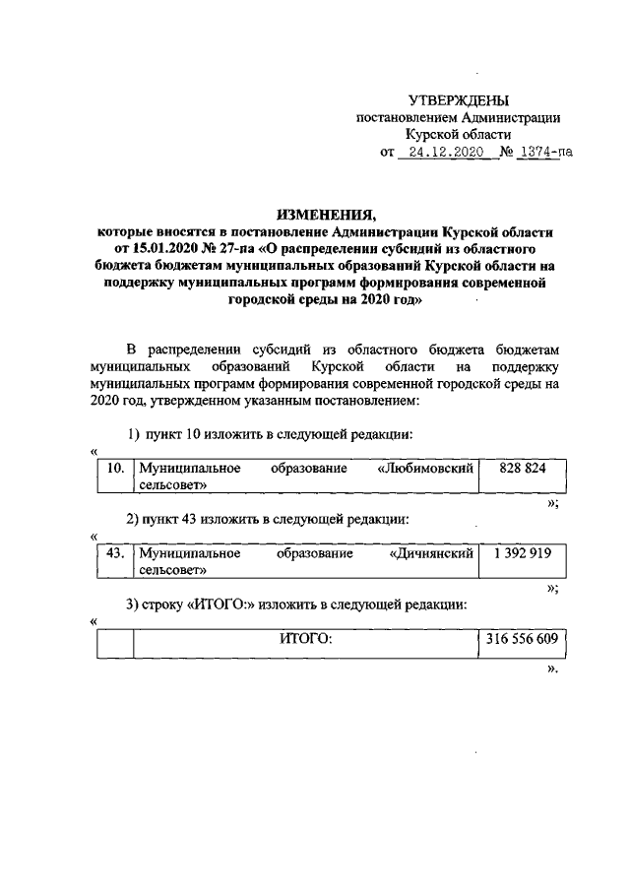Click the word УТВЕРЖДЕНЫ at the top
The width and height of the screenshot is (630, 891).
[x=459, y=100]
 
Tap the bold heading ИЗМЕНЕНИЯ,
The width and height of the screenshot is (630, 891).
[x=325, y=214]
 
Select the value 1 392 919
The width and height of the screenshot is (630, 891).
[x=523, y=553]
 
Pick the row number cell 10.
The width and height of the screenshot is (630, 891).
[x=115, y=469]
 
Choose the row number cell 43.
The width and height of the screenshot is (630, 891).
[x=115, y=553]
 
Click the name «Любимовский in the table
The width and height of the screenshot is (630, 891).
[x=426, y=469]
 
